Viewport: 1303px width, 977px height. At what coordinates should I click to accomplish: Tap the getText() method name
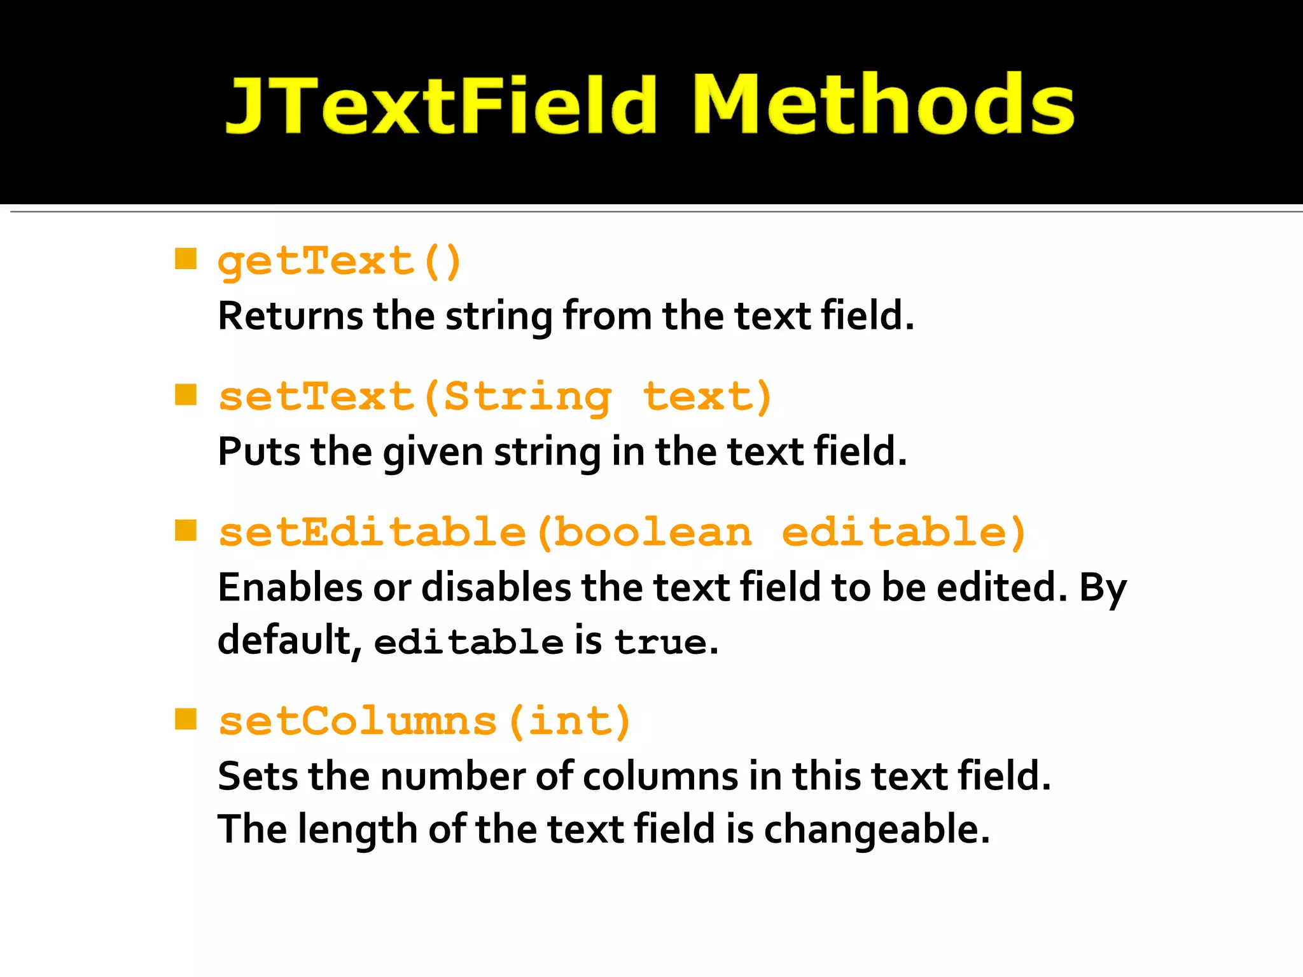339,261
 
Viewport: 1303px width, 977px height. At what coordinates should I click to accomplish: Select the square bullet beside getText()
186,259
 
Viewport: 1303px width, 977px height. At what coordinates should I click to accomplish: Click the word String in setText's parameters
527,398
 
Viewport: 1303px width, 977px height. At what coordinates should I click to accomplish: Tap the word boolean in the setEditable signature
653,532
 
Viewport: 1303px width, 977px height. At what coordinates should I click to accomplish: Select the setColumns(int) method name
424,722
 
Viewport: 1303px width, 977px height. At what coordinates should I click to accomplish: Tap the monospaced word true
661,642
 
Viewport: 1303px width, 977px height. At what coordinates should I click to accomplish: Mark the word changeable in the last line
876,830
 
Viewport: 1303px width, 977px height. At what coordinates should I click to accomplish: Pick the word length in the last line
357,830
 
